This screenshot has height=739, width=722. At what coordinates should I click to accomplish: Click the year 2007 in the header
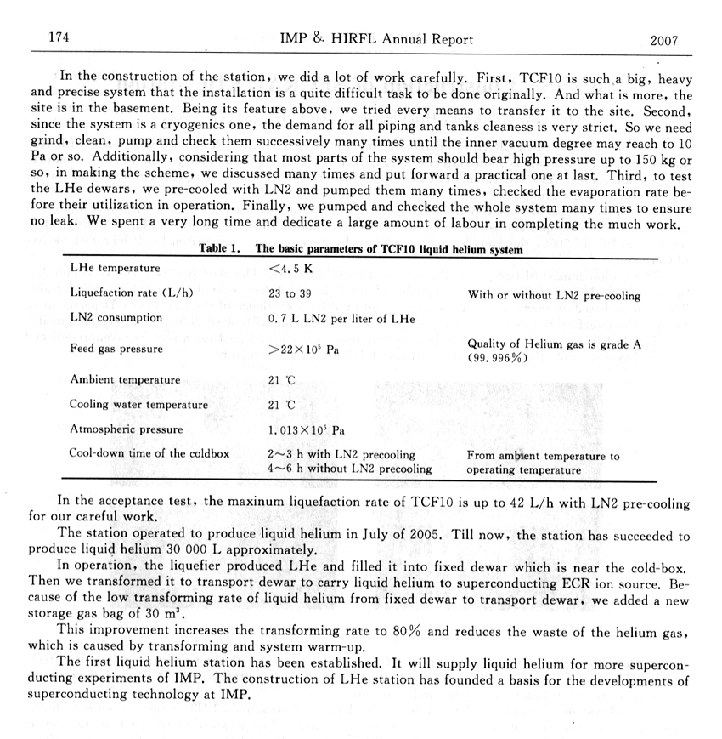point(667,39)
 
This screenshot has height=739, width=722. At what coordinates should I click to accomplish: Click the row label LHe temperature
point(115,269)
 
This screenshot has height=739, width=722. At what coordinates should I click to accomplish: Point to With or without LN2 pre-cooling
point(554,296)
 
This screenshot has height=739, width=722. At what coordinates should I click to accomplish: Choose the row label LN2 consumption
point(116,318)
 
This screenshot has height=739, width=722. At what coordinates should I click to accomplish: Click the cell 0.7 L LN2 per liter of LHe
point(341,319)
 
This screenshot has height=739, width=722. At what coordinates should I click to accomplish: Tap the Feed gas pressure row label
point(116,349)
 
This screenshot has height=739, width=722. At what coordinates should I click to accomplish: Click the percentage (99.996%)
point(497,358)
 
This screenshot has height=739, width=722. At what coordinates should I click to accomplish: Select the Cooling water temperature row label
point(138,405)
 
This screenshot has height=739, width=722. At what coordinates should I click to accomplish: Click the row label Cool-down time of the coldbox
point(149,453)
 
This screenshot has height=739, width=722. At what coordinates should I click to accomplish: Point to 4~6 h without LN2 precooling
point(349,469)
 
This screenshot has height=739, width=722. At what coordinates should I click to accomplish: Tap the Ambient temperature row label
point(125,380)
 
